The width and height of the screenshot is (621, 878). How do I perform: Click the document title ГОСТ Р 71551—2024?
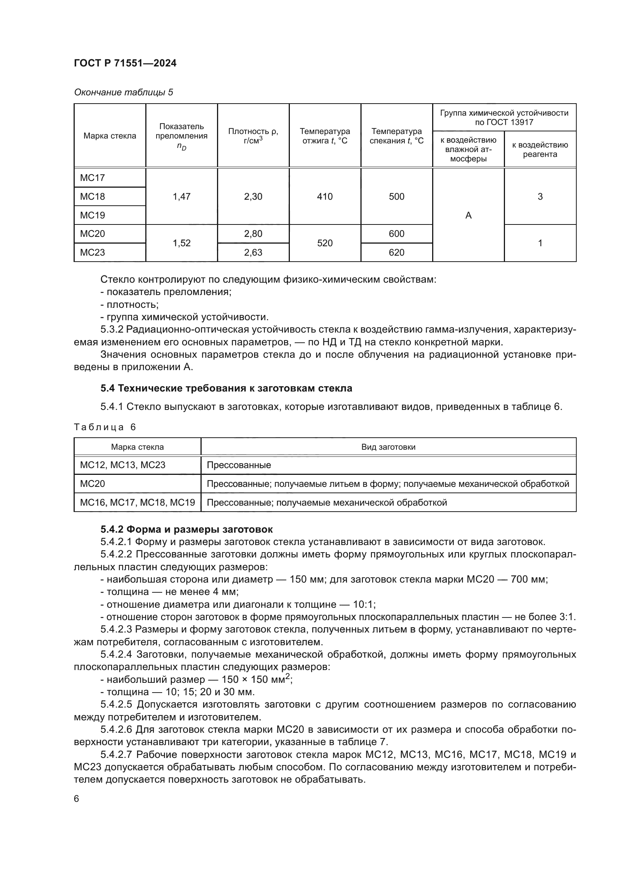[x=125, y=63]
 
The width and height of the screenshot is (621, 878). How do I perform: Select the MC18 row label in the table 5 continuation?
[x=92, y=197]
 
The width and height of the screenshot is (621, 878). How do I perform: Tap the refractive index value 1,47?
[x=181, y=197]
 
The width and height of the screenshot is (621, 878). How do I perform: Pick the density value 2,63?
[x=253, y=252]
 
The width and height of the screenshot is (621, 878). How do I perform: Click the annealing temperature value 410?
[x=325, y=197]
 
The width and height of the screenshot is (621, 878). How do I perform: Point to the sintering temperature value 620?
[x=396, y=252]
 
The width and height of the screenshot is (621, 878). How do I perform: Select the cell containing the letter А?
[x=468, y=216]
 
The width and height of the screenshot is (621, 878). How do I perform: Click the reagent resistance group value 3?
[x=540, y=197]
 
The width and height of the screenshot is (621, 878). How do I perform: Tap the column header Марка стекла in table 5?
[x=110, y=136]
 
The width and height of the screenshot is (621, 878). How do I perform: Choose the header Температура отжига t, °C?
[x=325, y=136]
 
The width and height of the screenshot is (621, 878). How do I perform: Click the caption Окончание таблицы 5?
[x=123, y=92]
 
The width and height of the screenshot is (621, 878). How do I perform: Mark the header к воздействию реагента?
[x=540, y=149]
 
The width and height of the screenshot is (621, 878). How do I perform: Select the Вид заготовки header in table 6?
[x=388, y=447]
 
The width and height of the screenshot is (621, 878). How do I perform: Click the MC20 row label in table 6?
[x=92, y=484]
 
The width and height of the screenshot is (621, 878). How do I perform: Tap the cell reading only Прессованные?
[x=239, y=465]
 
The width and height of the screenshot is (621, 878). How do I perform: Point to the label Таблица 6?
[x=105, y=427]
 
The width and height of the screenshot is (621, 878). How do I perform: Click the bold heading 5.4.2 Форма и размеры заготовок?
[x=187, y=529]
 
